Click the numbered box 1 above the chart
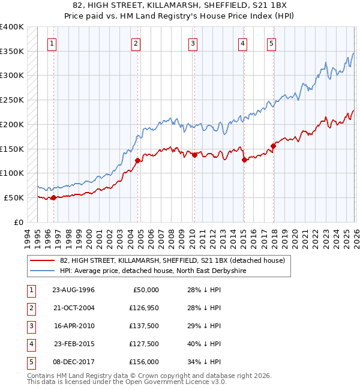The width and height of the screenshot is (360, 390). point(52,43)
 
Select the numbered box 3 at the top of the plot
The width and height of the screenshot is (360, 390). point(193,43)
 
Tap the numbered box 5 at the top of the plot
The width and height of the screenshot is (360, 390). point(272,43)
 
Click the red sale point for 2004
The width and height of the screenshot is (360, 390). point(137,160)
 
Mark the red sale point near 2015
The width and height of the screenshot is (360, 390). point(244,160)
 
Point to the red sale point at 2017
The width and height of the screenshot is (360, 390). point(273,146)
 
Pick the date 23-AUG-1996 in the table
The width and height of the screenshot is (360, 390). point(73,290)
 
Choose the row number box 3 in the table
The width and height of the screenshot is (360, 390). point(30,326)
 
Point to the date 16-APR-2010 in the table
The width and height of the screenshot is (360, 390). point(73,326)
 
